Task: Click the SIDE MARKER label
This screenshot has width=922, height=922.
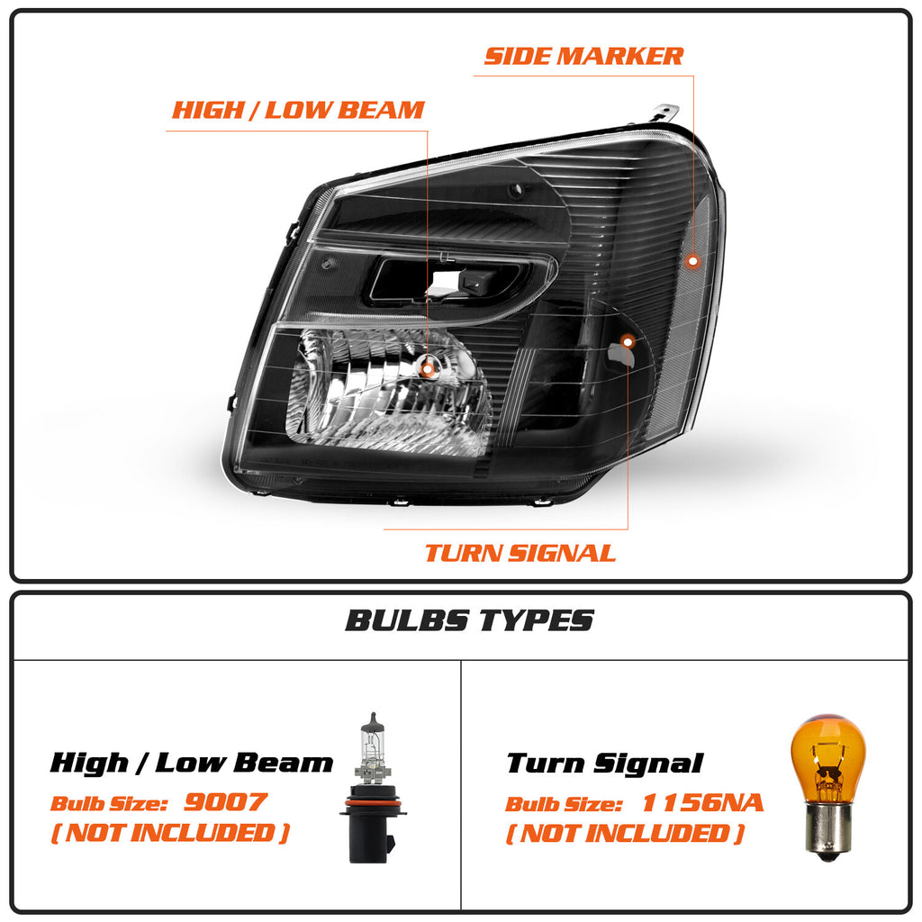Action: [x=583, y=57]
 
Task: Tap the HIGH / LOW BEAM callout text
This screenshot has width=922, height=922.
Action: [x=298, y=110]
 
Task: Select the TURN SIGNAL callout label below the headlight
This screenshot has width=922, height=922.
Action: [x=520, y=554]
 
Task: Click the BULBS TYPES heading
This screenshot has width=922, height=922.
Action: [x=469, y=620]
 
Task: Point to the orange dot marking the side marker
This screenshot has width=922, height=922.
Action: [x=693, y=260]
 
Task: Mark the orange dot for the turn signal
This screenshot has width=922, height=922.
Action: [x=628, y=341]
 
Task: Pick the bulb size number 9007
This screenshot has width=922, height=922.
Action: [x=226, y=802]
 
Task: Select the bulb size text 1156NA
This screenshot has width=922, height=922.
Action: [x=702, y=802]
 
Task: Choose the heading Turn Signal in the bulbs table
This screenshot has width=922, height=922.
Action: [x=604, y=764]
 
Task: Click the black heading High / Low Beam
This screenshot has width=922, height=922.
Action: [x=191, y=763]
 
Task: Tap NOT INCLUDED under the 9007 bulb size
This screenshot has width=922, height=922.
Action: [x=170, y=833]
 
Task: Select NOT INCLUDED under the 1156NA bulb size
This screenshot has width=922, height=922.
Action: [x=626, y=833]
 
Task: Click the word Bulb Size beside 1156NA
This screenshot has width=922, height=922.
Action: [x=564, y=804]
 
